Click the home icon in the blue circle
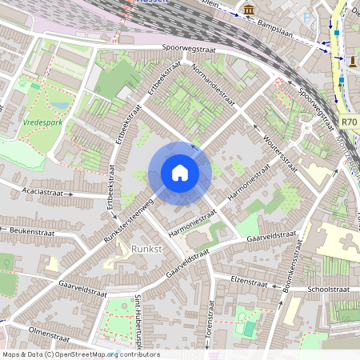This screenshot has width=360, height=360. coord(180,173)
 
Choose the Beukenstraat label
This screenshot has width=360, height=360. coord(30,230)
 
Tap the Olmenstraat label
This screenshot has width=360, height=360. coord(50,330)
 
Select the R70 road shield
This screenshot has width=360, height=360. coord(349,122)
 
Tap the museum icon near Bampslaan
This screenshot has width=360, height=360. coord(250,10)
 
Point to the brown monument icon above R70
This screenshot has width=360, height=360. coord(353,61)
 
